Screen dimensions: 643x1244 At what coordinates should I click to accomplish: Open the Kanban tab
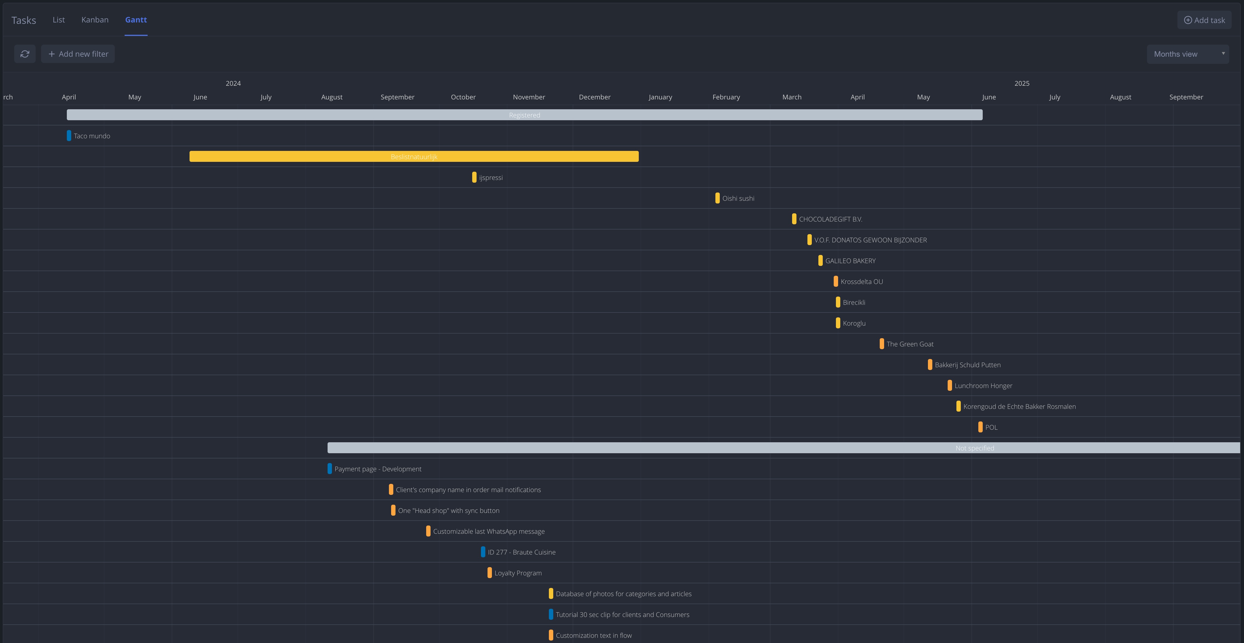coord(95,20)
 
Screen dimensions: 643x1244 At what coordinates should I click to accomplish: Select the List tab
coord(58,20)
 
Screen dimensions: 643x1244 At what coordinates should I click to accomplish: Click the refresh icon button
coord(25,54)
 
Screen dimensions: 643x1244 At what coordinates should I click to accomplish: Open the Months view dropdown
coord(1188,54)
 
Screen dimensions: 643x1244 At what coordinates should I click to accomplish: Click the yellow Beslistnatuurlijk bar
coord(414,156)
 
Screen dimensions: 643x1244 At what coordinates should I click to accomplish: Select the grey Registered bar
coord(524,115)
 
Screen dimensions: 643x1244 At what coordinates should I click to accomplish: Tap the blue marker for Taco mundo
coord(69,136)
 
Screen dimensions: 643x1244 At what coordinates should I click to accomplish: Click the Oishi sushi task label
coord(738,198)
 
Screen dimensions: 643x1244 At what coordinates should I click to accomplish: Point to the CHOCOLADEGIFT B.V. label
coord(830,219)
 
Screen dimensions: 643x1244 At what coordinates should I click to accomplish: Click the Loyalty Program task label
coord(518,573)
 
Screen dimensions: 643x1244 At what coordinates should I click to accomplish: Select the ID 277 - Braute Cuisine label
coord(521,552)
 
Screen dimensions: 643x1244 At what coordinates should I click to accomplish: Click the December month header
coord(594,97)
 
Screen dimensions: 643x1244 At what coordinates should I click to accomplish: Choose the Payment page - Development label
coord(378,469)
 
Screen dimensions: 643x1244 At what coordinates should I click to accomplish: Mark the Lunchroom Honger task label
coord(983,386)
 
